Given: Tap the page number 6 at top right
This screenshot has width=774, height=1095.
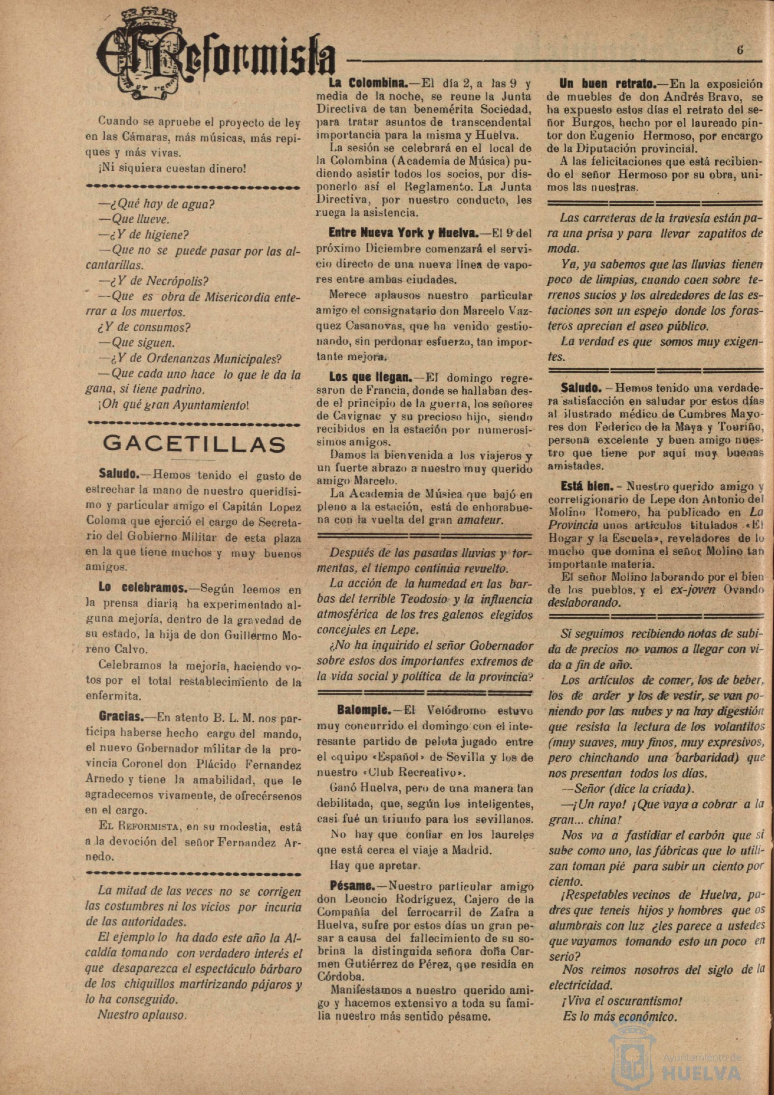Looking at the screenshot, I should pos(740,51).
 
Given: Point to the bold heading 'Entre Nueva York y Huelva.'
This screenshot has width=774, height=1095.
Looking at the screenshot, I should pos(403,234).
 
